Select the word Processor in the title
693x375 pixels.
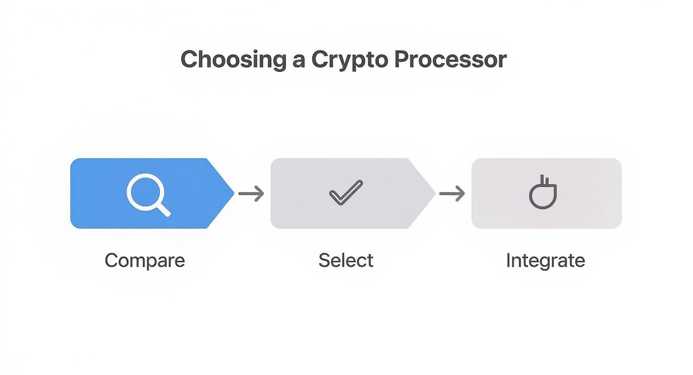(x=450, y=60)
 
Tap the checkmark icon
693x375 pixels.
(x=346, y=192)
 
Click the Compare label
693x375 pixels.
(x=144, y=261)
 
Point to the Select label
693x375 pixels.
(x=346, y=261)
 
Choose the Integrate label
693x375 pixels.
(x=545, y=261)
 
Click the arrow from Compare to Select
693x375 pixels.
(x=251, y=193)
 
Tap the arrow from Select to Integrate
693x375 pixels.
(x=452, y=193)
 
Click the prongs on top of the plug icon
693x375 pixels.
(x=543, y=181)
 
